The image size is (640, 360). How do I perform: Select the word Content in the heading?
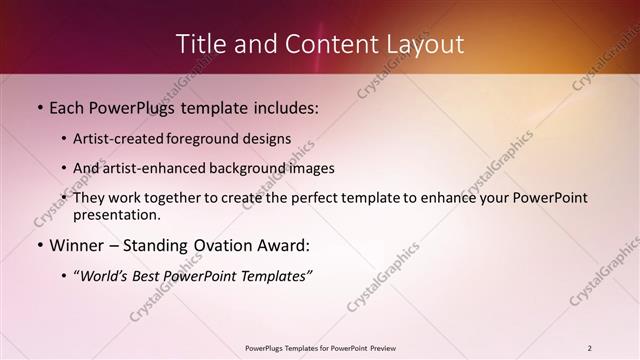click(320, 44)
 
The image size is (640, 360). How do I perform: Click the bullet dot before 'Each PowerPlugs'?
click(39, 106)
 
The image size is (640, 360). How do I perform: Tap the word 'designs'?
click(268, 139)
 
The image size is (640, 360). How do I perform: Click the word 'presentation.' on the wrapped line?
click(117, 214)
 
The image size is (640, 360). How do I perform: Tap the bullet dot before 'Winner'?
click(39, 246)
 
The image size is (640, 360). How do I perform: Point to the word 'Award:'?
click(282, 246)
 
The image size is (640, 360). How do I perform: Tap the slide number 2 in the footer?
click(590, 348)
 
